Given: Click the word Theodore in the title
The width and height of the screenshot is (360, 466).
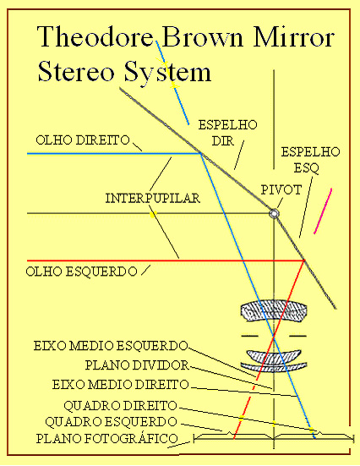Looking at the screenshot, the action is (x=95, y=36).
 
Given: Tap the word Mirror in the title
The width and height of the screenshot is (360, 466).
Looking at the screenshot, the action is (x=294, y=36).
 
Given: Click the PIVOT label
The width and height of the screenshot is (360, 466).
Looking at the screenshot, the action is (x=281, y=190).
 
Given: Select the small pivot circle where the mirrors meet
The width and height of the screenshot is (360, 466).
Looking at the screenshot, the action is (x=274, y=213).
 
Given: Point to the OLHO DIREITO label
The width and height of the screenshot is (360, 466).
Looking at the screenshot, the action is (x=83, y=140).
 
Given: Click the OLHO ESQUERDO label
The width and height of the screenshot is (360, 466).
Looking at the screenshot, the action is (x=81, y=271).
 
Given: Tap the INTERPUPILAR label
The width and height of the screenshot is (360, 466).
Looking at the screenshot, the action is (x=153, y=198).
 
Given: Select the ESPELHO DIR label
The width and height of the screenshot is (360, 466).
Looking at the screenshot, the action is (x=227, y=133).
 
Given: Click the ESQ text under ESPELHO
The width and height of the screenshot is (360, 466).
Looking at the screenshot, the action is (x=306, y=168).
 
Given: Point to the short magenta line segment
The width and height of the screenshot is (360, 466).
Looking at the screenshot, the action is (x=323, y=211).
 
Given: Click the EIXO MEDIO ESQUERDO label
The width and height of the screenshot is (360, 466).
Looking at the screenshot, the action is (x=111, y=346).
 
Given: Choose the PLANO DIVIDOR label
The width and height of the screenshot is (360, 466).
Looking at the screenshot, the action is (x=137, y=365).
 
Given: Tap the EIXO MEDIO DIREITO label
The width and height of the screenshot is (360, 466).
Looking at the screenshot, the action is (x=121, y=385).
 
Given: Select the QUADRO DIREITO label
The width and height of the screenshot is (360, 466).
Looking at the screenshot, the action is (x=120, y=406).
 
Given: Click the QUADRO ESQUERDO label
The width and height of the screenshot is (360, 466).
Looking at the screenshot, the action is (x=111, y=421).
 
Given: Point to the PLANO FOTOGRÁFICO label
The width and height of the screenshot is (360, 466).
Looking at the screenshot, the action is (x=107, y=438).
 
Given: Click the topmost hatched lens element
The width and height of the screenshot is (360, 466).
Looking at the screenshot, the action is (x=274, y=310).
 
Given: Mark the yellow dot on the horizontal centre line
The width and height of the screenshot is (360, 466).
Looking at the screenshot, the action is (x=153, y=214).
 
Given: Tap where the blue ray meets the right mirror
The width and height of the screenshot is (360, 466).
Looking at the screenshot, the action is (x=201, y=154).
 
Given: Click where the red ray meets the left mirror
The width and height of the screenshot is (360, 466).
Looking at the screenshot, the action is (x=304, y=260).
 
